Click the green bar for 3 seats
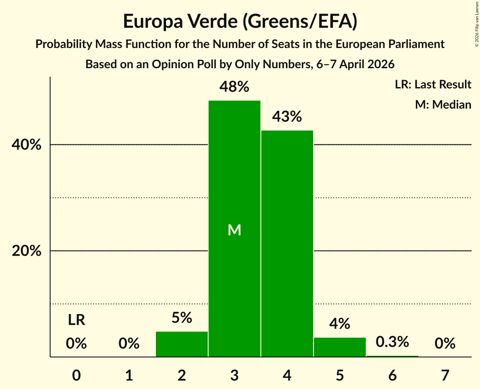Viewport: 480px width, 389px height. (234, 229)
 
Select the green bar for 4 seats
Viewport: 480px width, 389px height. (287, 243)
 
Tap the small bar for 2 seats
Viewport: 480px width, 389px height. (182, 344)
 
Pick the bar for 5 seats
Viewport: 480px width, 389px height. (340, 347)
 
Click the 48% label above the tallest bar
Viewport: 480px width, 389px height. (234, 87)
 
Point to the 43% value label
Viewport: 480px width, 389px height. (287, 117)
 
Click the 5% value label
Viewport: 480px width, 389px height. (182, 318)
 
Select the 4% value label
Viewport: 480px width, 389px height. (340, 324)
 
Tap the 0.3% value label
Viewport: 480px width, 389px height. (392, 342)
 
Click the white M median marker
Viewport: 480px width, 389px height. (234, 230)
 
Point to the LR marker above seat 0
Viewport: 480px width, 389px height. (77, 320)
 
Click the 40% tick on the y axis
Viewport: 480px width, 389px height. (26, 145)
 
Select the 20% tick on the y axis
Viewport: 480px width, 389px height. (26, 251)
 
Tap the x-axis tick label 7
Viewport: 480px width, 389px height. (445, 375)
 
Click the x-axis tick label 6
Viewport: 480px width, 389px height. (392, 375)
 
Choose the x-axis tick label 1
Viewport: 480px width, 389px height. (129, 375)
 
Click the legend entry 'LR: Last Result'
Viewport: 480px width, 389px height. (433, 84)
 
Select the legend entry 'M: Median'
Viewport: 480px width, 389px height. (443, 104)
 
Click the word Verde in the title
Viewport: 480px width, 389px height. (212, 21)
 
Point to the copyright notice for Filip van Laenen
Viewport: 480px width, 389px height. (477, 24)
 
